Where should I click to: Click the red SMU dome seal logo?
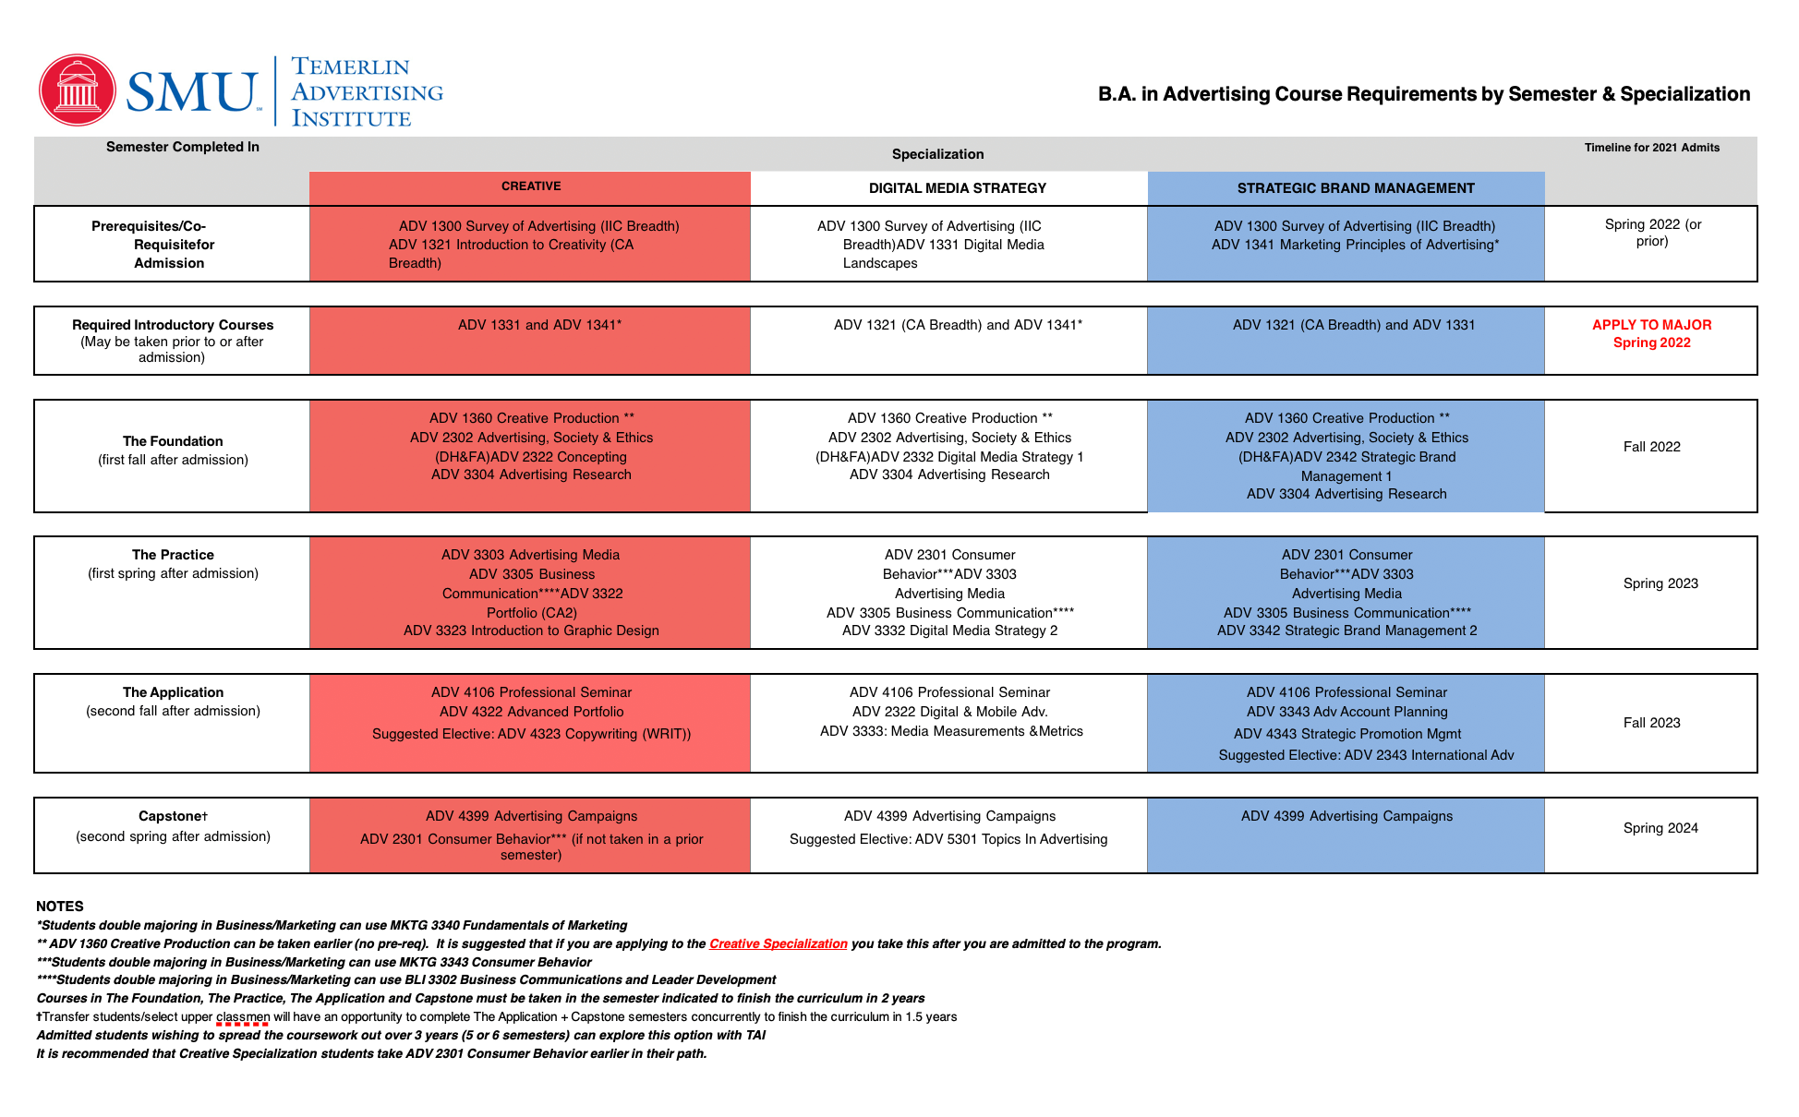[78, 90]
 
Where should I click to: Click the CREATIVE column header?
[531, 186]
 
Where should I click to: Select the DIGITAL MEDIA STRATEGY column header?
[957, 188]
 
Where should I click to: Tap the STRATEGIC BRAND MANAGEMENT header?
[1355, 188]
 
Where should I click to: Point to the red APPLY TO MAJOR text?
[1651, 325]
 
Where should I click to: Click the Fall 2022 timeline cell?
[1651, 447]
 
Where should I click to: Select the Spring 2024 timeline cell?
[1660, 828]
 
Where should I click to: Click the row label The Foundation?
[173, 441]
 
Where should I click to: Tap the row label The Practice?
[173, 555]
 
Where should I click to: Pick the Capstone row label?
[173, 816]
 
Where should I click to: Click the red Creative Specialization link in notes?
[778, 943]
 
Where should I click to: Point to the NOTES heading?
[60, 907]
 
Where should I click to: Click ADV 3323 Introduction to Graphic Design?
[531, 631]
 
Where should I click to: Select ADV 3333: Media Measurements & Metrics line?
[951, 731]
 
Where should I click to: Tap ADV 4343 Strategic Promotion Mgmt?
[1347, 734]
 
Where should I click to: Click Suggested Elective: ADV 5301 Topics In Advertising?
[948, 839]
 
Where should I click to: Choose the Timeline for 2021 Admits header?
[1651, 148]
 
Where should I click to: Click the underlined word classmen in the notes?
[243, 1017]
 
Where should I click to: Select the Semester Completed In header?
[183, 147]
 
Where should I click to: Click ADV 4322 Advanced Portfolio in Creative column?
[531, 712]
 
